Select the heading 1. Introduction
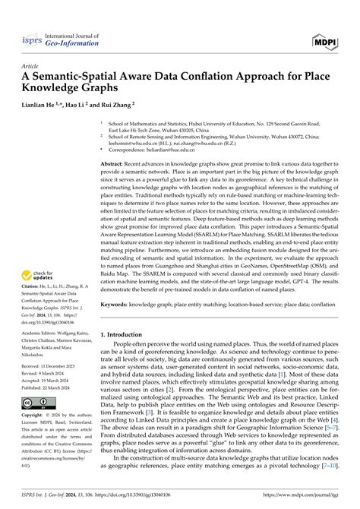(x=127, y=334)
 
